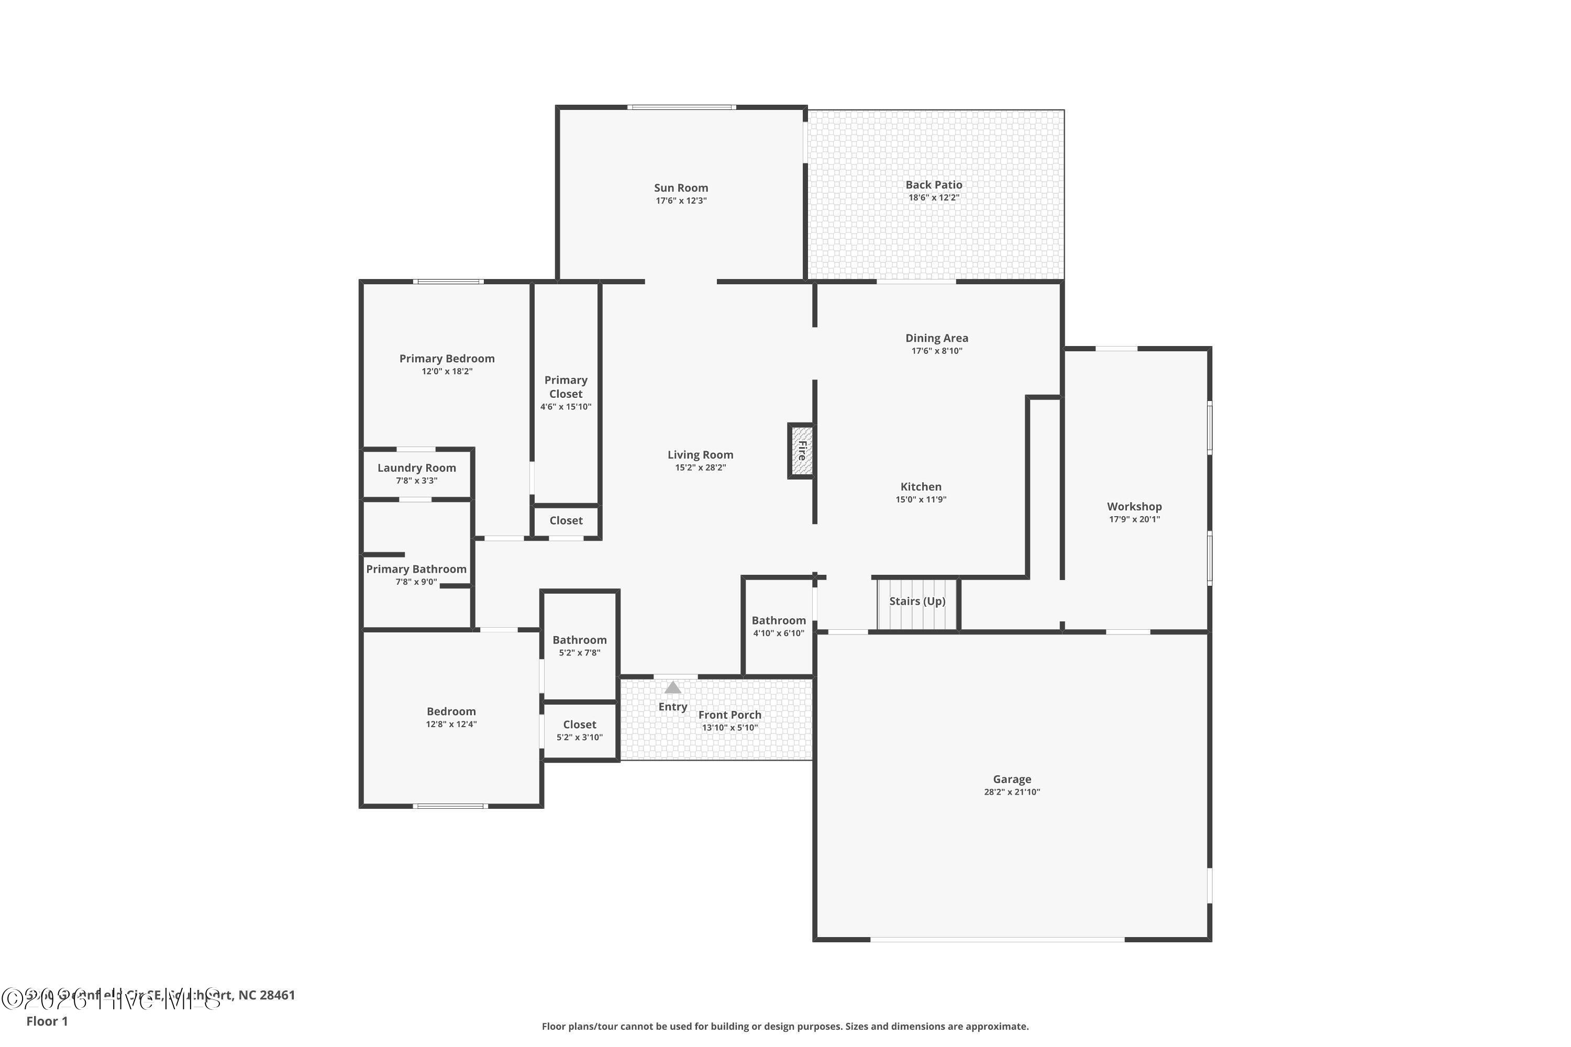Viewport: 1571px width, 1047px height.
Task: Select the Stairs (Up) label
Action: pos(917,601)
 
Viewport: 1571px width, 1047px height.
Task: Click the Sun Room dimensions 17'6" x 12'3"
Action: pos(681,201)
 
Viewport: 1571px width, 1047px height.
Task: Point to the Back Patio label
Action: pos(933,184)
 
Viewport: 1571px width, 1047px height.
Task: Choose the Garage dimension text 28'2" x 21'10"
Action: pos(1011,792)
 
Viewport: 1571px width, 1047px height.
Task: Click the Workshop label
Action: pos(1134,506)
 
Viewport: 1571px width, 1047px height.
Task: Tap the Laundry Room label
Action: pos(416,467)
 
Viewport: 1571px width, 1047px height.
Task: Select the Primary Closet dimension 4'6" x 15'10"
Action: pos(566,407)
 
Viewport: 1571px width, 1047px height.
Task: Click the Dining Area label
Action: pos(936,338)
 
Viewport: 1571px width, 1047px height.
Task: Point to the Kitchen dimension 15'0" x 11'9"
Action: pos(921,499)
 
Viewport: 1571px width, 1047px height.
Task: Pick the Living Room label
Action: pos(700,455)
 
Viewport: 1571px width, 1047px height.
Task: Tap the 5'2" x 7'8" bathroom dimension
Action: pos(579,652)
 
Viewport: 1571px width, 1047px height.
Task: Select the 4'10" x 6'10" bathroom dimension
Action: pos(778,633)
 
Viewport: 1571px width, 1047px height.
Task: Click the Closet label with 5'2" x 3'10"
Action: pos(579,725)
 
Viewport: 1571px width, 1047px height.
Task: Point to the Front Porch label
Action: pos(729,715)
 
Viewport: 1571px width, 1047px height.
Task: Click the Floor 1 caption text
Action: pos(47,1021)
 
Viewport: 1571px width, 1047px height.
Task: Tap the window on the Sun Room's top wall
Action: pos(681,107)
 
